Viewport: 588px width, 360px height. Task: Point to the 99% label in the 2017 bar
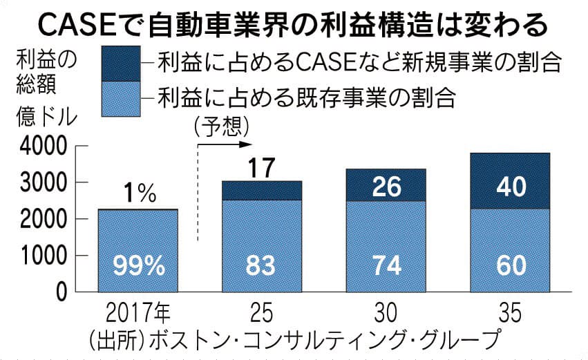coord(138,265)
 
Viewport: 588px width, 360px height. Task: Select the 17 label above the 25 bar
coord(263,166)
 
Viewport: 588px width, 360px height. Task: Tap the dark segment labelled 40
coord(512,186)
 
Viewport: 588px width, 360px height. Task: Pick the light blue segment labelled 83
coord(263,265)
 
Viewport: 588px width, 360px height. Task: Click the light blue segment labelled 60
coord(512,265)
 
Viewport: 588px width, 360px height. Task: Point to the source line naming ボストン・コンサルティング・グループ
coord(294,340)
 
